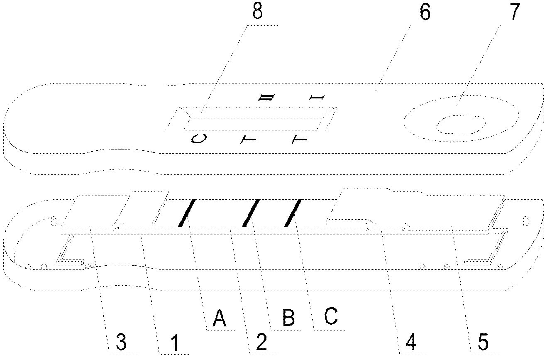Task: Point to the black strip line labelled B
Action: click(252, 213)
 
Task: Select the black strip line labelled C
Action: click(293, 213)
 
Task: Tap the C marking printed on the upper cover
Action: click(198, 139)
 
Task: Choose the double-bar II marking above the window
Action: click(265, 98)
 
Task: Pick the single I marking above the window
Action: click(317, 98)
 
